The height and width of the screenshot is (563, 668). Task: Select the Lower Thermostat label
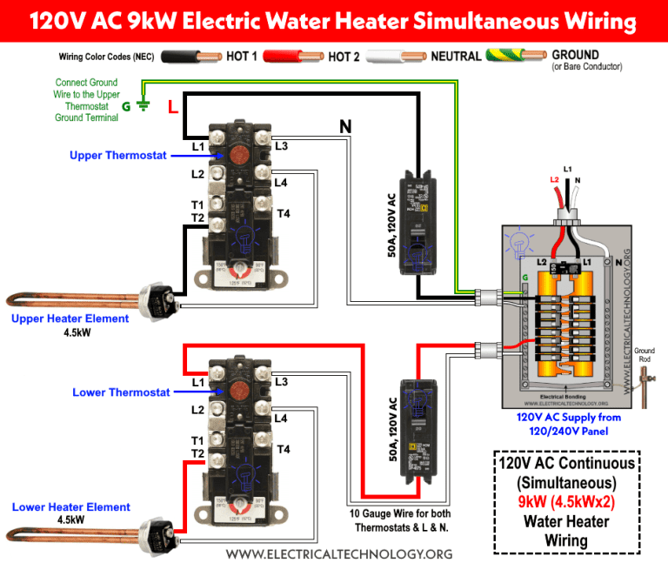click(x=121, y=392)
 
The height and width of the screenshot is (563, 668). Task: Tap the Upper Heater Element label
click(x=70, y=318)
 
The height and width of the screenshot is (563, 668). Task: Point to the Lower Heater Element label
click(x=71, y=507)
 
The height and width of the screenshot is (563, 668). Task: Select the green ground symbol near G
click(x=144, y=105)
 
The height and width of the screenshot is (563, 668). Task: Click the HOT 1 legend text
click(x=247, y=57)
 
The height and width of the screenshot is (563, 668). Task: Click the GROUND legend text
click(x=575, y=55)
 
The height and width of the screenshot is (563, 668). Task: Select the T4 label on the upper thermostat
click(x=283, y=214)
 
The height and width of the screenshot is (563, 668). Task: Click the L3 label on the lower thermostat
click(x=281, y=382)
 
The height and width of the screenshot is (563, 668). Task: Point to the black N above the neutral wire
click(x=345, y=127)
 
